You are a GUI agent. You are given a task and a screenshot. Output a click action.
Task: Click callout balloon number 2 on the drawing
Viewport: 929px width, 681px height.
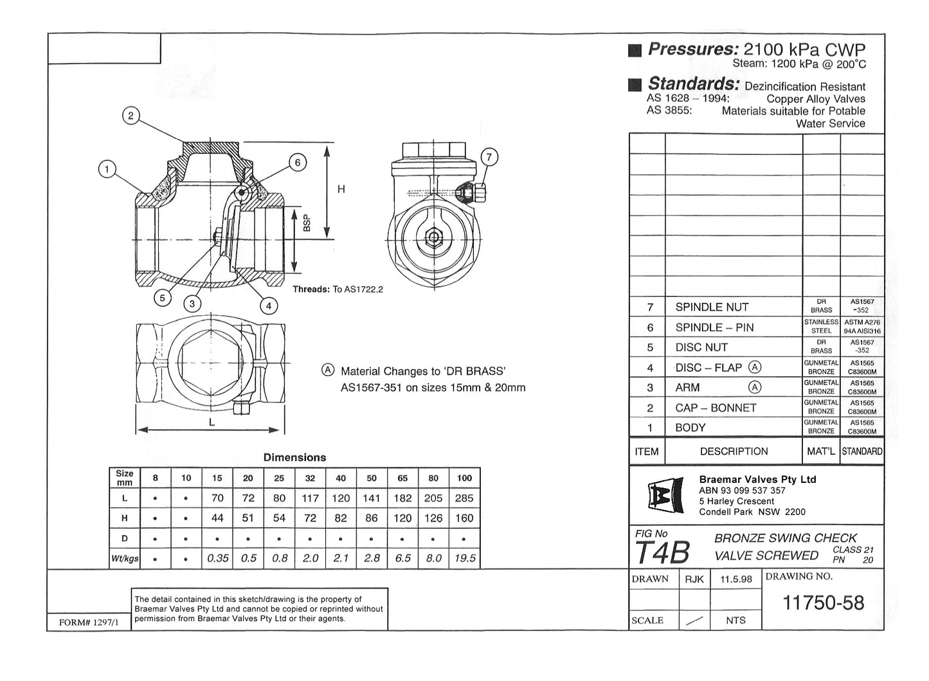coord(131,116)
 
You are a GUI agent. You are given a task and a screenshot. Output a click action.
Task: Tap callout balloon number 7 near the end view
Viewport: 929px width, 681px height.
coord(489,157)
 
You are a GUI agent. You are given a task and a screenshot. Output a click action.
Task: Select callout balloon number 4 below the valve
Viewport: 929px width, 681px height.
coord(269,305)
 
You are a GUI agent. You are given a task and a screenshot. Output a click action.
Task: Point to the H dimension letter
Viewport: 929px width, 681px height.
coord(341,189)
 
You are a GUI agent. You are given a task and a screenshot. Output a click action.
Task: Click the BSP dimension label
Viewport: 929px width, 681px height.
coord(307,222)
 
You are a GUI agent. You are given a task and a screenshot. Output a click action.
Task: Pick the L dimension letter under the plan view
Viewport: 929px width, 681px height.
coord(211,423)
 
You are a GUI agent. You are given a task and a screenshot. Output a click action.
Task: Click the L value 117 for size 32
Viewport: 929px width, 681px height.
coord(310,498)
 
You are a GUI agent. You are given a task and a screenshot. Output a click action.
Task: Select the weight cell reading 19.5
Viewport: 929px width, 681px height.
coord(464,558)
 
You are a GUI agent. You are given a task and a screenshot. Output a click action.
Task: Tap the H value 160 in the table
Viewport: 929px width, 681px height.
coord(464,518)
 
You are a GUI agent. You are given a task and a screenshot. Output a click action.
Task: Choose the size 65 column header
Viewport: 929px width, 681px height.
coord(402,478)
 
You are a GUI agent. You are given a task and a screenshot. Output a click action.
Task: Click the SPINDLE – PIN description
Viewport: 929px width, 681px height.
coord(714,327)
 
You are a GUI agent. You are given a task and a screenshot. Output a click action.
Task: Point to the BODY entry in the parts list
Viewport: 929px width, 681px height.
coord(690,428)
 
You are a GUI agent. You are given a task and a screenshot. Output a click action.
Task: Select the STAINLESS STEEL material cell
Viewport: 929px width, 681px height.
coord(821,326)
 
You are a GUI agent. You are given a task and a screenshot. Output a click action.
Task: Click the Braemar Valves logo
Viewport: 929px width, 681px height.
coord(664,496)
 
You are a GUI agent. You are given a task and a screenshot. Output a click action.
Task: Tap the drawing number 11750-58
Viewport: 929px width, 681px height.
coord(823,603)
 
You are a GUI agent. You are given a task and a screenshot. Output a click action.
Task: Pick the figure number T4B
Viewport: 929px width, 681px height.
coord(662,552)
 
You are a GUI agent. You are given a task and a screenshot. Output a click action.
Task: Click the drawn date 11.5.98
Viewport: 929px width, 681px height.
coord(735,579)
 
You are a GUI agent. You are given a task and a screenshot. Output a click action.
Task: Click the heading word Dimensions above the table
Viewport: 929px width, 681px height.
coord(294,458)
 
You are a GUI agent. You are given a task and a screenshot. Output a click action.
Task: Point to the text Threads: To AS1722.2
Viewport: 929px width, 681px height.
coord(338,289)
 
